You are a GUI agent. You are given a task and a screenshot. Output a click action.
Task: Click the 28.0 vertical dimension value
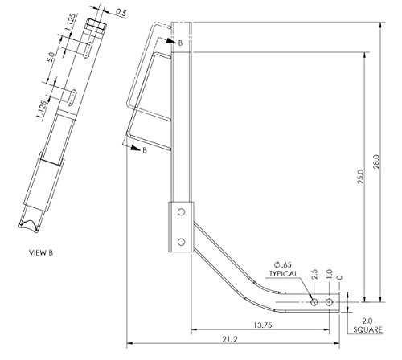(376, 162)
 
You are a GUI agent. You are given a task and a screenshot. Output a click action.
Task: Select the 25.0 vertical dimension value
(361, 176)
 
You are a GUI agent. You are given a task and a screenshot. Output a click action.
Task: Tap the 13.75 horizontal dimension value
(263, 325)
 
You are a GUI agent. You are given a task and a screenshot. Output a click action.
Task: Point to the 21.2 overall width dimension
(230, 339)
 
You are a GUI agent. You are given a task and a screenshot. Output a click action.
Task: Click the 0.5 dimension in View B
(121, 13)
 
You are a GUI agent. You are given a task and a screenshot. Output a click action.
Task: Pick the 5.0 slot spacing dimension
(51, 57)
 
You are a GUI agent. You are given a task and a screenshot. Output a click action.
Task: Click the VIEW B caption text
(41, 252)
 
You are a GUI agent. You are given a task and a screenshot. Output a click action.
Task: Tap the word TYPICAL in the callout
(283, 274)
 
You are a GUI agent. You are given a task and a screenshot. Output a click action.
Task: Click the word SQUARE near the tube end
(367, 329)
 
